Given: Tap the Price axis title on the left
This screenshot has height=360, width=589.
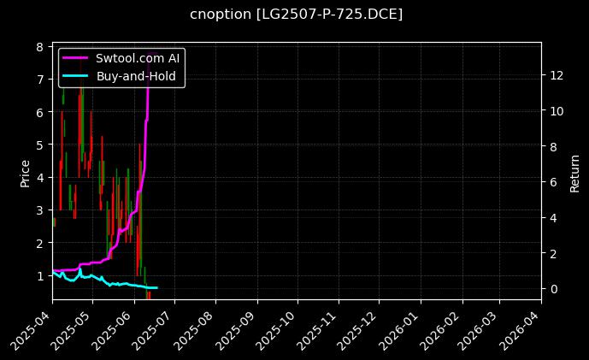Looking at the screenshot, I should pos(25,171).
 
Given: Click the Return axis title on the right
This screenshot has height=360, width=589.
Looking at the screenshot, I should pos(574,171).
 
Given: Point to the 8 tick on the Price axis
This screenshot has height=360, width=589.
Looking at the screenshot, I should pos(39,47).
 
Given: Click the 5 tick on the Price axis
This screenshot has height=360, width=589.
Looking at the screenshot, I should pos(39,145).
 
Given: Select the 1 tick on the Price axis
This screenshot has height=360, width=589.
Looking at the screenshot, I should pos(39,275).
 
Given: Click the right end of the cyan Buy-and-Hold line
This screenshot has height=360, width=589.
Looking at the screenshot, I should pos(156,287).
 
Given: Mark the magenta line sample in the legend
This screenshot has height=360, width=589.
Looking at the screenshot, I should pos(75,58).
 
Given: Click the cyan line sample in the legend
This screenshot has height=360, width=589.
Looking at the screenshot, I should pos(75,75).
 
